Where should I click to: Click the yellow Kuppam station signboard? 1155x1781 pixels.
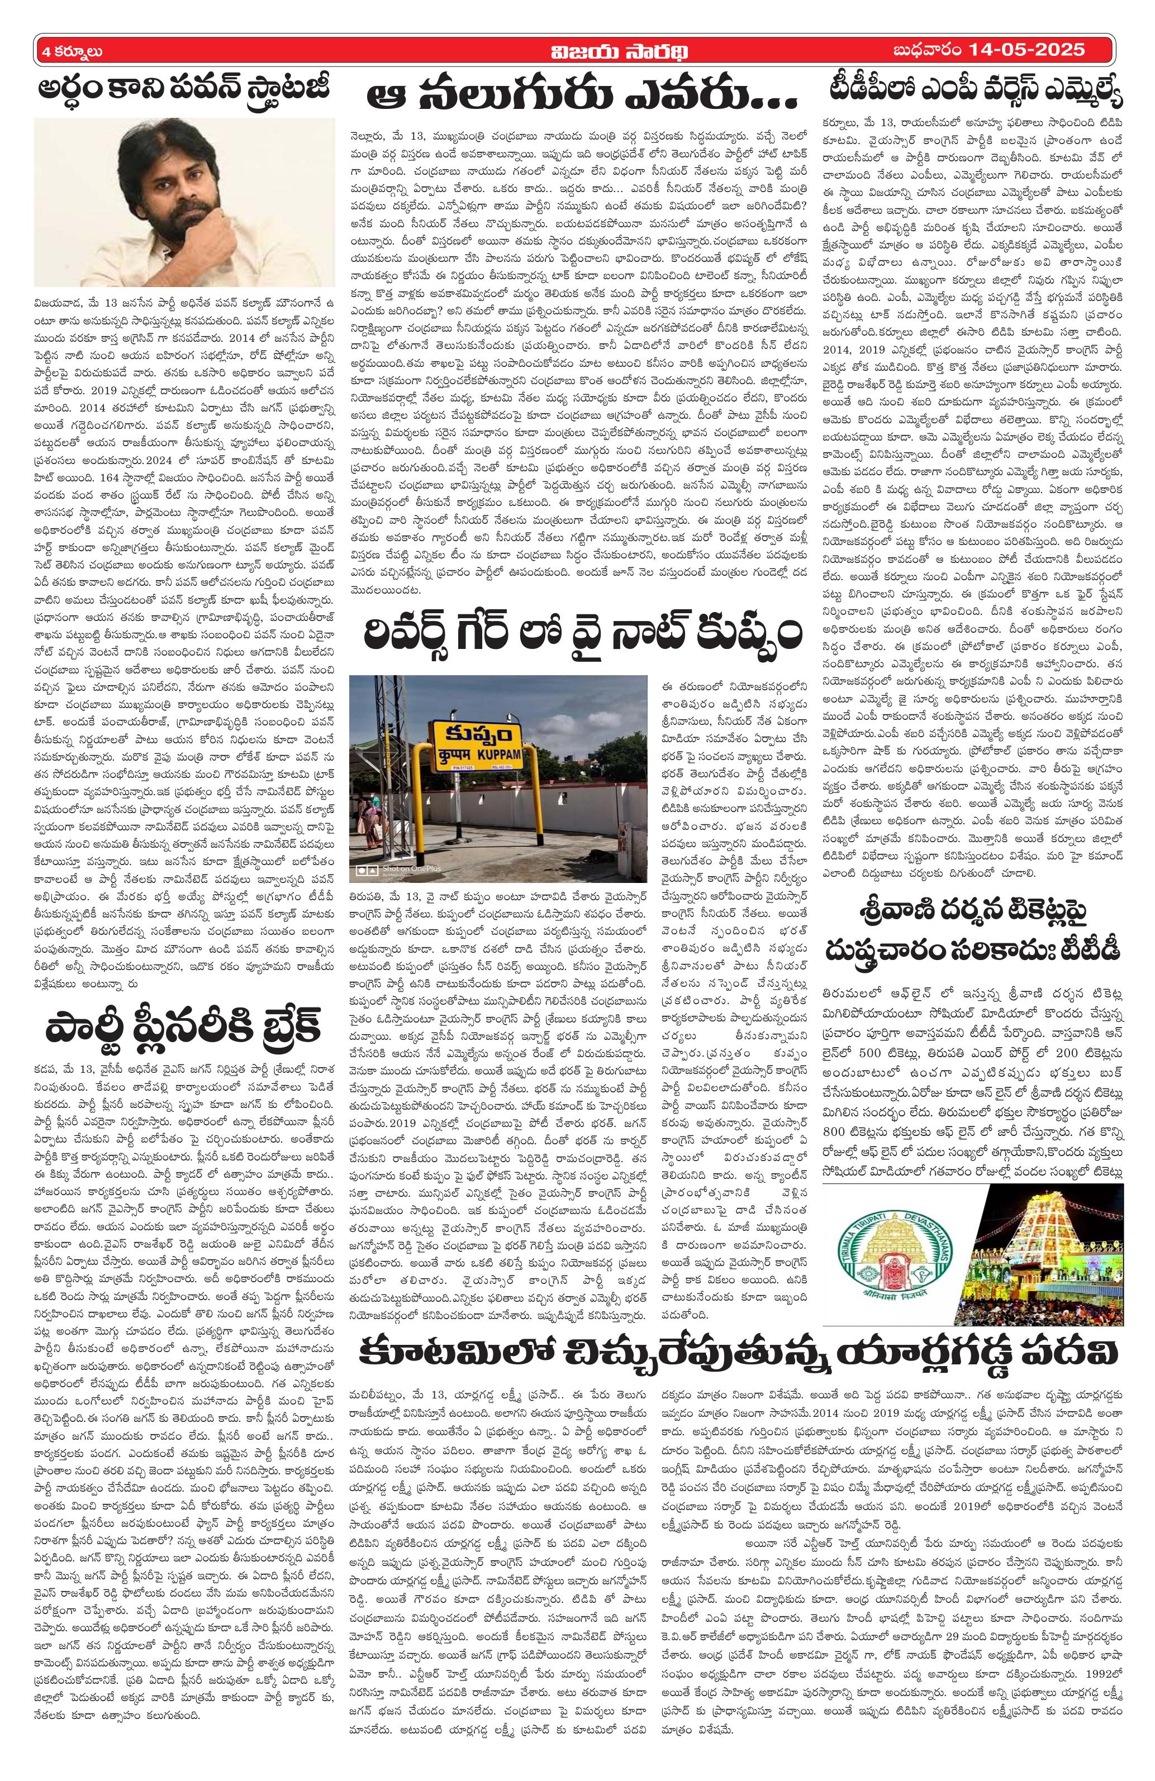click(x=478, y=763)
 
